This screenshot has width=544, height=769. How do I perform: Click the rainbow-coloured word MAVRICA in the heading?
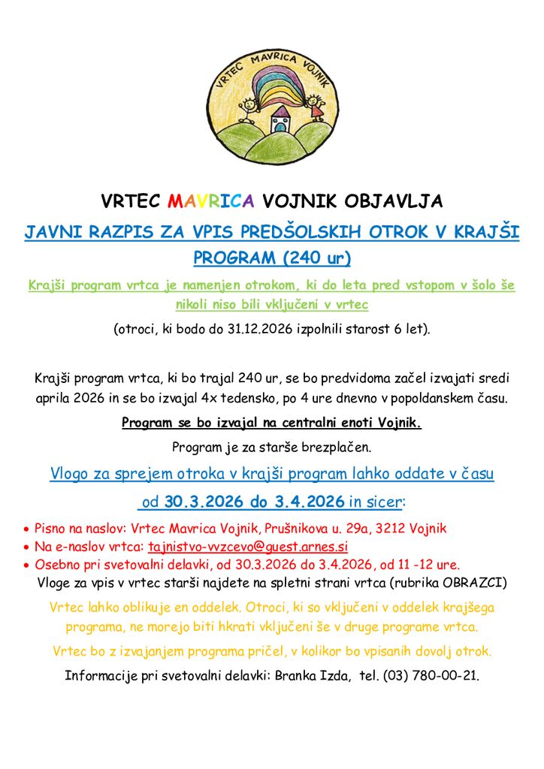coord(211,201)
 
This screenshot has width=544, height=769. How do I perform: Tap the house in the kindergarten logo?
coord(280,119)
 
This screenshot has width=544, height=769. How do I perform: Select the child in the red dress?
coord(316,107)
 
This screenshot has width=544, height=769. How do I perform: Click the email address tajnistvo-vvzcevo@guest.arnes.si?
coord(248,547)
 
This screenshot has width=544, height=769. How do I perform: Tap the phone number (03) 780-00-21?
coord(430,675)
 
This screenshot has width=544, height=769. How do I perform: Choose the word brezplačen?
coord(334,448)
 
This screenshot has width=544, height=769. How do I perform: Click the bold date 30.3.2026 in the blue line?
coord(205,501)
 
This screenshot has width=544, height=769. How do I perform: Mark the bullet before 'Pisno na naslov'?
coord(27,529)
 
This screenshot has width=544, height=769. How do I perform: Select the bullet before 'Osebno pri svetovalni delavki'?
coord(27,565)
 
